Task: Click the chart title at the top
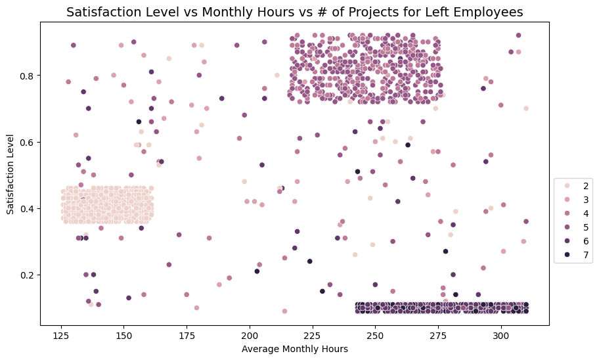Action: pos(294,11)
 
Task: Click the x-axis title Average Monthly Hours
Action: pos(294,348)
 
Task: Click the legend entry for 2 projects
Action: pos(585,186)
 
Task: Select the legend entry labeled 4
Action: pos(585,214)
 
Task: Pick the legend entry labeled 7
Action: pos(585,255)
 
